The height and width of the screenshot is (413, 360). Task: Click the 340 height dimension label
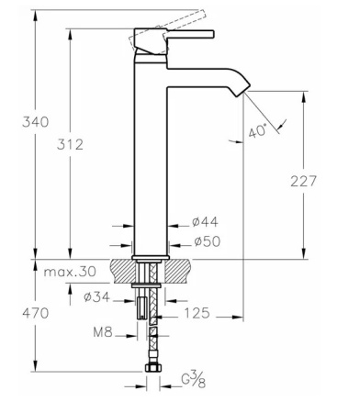click(x=36, y=122)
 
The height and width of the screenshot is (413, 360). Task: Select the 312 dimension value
click(x=70, y=144)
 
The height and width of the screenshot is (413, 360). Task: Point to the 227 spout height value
click(x=303, y=181)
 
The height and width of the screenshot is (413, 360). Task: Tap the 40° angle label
click(x=257, y=131)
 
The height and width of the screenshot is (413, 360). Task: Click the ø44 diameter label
click(x=206, y=222)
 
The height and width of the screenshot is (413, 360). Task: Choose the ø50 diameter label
click(x=208, y=241)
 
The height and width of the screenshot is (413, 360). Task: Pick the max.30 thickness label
click(x=70, y=272)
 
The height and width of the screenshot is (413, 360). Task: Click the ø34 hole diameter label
click(x=96, y=296)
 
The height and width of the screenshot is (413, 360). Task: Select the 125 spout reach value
click(x=197, y=313)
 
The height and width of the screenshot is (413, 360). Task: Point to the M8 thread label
click(x=103, y=332)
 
